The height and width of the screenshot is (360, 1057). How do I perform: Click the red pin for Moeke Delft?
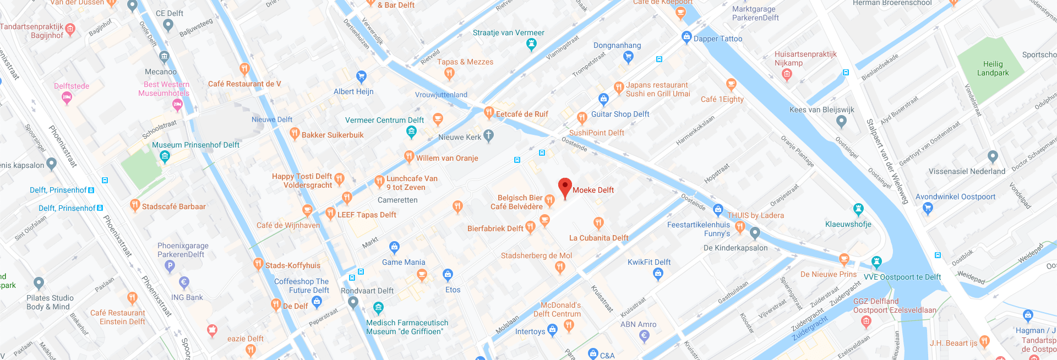coord(565,187)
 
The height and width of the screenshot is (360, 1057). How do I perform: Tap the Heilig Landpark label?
coord(993,68)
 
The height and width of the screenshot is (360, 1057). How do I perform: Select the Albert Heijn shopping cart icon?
coord(361,76)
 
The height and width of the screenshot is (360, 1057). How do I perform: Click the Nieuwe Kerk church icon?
coord(488,136)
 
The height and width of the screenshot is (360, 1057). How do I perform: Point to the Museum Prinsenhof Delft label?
coord(195,145)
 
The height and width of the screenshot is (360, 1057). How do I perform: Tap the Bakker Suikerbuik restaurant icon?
coord(295,133)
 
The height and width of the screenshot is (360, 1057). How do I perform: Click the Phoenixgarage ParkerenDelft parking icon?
coord(170,266)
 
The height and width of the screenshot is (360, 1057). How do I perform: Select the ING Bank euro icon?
coord(184,282)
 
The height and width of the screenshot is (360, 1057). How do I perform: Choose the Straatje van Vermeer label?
coord(508,32)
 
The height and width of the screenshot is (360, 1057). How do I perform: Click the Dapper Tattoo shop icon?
coord(686,37)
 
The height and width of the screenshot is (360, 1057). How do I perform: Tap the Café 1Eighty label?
coord(722,99)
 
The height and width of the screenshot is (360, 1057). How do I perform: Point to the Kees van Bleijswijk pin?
coord(841,121)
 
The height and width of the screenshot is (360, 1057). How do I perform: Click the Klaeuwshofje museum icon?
coord(858,209)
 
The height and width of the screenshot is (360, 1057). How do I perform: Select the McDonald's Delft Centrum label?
coord(558,309)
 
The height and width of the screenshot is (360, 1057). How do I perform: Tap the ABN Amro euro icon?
coord(644,336)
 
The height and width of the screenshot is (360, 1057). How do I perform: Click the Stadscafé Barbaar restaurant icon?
coord(135,205)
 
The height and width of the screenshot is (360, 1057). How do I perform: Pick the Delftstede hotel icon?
coord(67,98)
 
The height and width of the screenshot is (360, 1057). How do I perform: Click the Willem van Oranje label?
coord(446,158)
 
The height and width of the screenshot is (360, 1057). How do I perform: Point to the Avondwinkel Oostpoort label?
coord(955,197)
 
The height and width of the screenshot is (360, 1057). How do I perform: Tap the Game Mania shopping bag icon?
coord(394,247)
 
